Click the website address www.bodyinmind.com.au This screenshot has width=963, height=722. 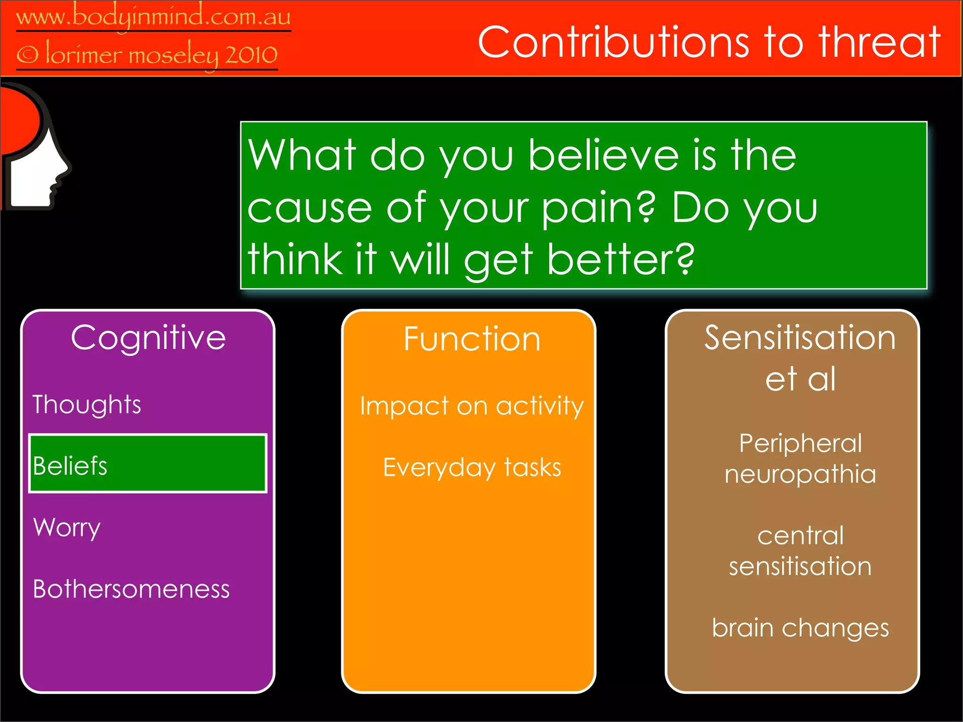[153, 17]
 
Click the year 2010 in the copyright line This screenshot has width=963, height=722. [251, 55]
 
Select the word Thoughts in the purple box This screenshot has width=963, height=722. [87, 404]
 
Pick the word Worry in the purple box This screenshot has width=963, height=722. [67, 527]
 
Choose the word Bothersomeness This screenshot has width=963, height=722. [131, 589]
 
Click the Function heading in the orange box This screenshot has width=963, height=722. [472, 339]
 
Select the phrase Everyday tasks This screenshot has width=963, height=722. [472, 467]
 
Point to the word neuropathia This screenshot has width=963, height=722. [800, 474]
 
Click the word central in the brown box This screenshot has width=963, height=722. [800, 535]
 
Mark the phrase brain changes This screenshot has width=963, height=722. [800, 628]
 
